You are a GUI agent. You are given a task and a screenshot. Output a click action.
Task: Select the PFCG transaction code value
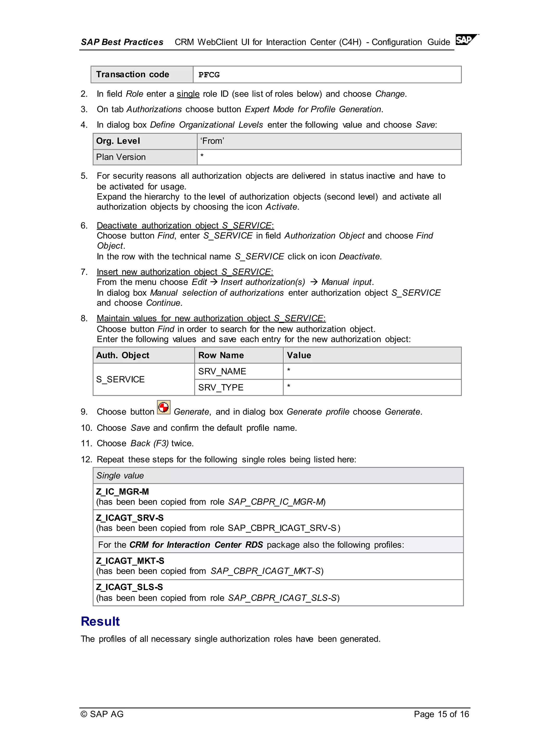tap(209, 75)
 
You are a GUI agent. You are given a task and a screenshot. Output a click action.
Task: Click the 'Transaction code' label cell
tap(132, 74)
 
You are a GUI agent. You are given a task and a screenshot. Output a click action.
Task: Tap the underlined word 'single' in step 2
tap(188, 94)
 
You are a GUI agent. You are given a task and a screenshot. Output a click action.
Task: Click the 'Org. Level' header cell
tap(118, 141)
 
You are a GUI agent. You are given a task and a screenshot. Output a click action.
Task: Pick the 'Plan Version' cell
tap(121, 157)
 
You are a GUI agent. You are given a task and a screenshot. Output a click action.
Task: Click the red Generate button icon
tap(163, 407)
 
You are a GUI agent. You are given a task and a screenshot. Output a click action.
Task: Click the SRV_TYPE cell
tap(221, 387)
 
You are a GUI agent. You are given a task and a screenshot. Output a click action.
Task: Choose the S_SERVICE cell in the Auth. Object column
tap(120, 379)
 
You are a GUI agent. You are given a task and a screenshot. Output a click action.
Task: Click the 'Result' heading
tap(100, 621)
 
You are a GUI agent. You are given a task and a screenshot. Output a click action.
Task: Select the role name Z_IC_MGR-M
tap(122, 492)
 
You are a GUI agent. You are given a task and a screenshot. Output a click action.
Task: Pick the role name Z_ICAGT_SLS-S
tap(130, 587)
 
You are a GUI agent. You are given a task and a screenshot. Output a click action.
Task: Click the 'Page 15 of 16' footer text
tap(441, 714)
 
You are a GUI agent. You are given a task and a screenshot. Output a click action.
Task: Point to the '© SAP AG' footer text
tap(102, 714)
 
